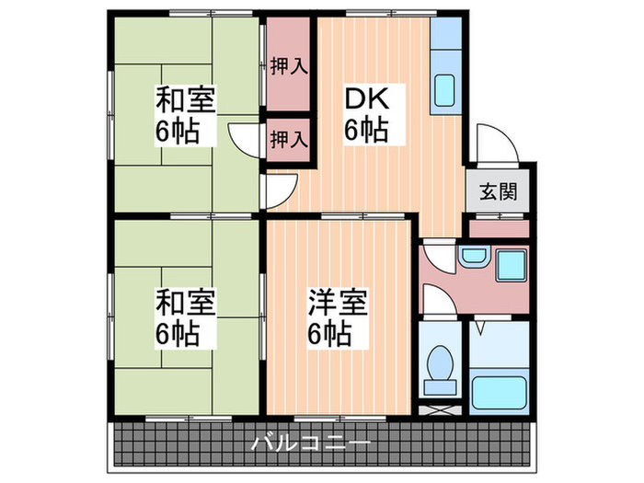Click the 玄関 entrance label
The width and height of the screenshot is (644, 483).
[497, 192]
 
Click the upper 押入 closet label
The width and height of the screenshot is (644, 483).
[287, 66]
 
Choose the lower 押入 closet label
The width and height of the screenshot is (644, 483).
[287, 140]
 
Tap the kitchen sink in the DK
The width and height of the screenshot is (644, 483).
[443, 90]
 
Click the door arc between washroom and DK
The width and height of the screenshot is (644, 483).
[436, 255]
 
